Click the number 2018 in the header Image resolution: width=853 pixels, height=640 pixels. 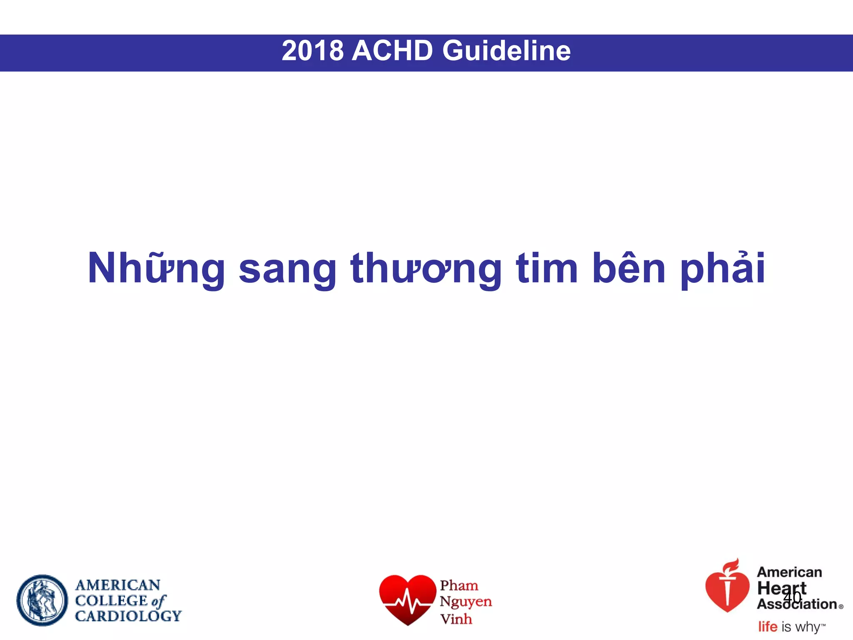click(x=312, y=51)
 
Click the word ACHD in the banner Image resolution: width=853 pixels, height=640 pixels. click(x=392, y=51)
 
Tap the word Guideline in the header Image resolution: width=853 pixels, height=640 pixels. click(x=506, y=51)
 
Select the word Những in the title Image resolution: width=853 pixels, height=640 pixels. click(x=156, y=269)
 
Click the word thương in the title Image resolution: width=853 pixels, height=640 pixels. click(x=426, y=269)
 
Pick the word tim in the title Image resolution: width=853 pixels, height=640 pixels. click(x=547, y=269)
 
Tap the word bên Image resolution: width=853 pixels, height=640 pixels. click(x=629, y=269)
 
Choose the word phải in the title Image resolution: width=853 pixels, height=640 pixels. click(x=723, y=269)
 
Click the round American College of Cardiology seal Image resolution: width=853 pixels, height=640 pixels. click(x=42, y=600)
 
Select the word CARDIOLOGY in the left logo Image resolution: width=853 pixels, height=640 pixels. click(x=128, y=616)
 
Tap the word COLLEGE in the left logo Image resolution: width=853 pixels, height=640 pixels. click(x=111, y=600)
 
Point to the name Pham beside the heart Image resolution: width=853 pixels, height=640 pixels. click(x=459, y=585)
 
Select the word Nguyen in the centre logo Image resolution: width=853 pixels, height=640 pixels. click(x=466, y=602)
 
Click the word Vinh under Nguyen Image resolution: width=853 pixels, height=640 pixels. click(x=456, y=619)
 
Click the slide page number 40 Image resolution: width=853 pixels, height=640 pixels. click(x=792, y=597)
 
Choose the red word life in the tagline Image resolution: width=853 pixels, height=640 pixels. click(x=767, y=627)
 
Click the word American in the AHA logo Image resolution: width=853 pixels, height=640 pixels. click(x=789, y=572)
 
